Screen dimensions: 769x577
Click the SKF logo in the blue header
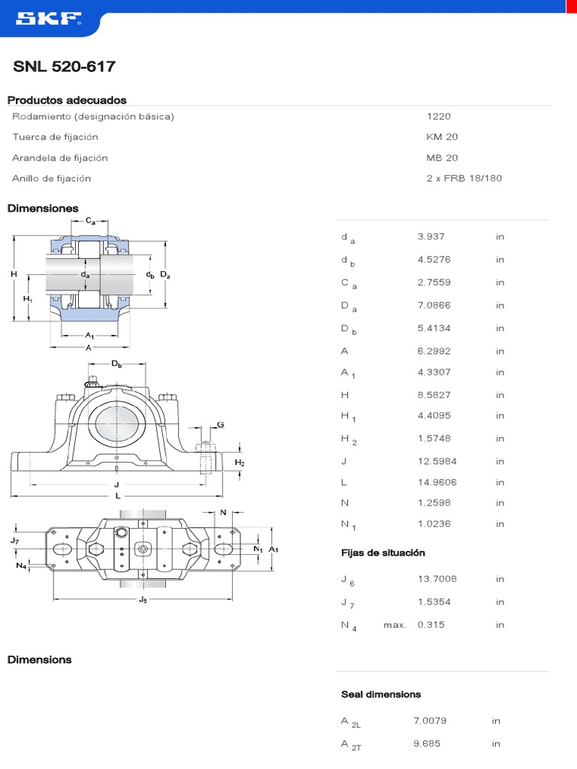[45, 20]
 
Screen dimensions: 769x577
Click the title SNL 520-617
[65, 67]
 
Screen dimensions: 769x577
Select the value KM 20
[442, 137]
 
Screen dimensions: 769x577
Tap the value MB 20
[442, 158]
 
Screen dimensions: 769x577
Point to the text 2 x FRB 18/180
[464, 178]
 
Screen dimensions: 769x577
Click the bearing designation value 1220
[439, 116]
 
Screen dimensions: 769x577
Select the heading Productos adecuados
[67, 100]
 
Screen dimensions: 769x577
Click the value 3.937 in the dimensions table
[431, 236]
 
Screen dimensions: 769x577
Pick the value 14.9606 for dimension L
[436, 482]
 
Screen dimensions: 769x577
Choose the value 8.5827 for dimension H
[434, 395]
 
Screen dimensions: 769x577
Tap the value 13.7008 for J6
[437, 579]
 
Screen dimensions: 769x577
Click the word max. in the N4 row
[394, 625]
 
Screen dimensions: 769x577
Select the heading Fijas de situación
[383, 553]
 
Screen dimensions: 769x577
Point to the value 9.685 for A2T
[427, 743]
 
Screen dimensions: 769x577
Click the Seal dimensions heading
[381, 694]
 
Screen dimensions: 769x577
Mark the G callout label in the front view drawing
[221, 425]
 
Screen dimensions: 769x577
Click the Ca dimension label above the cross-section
[90, 220]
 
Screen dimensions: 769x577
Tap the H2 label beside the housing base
[240, 463]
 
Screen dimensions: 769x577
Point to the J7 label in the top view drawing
[15, 540]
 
